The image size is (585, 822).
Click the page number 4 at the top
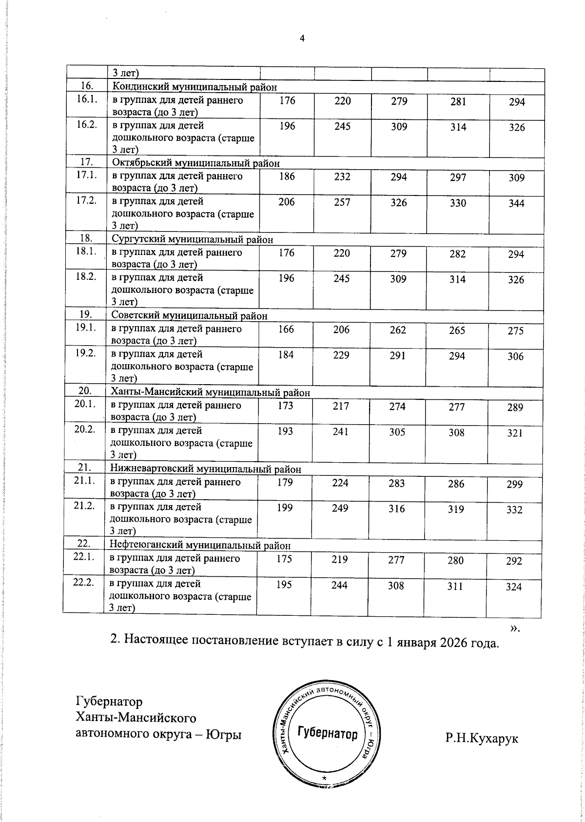coord(302,39)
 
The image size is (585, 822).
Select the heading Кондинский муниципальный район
coord(195,87)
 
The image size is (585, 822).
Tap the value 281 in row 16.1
coord(458,102)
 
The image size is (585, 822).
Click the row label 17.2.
coord(85,201)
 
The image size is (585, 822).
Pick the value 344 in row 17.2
coord(516,204)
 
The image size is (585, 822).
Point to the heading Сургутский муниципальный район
coord(192,239)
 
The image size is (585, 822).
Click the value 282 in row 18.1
coord(458,254)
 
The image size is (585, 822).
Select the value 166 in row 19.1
coord(286,329)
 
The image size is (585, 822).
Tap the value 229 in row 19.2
coord(341,355)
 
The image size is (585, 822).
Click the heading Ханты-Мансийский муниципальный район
coord(210,392)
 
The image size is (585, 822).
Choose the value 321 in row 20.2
coord(515,433)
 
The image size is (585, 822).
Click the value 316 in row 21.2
coord(397,509)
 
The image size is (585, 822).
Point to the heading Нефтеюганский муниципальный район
coord(200,545)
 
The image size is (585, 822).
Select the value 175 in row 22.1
coord(284,559)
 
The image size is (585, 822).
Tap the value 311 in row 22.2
coord(455,586)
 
